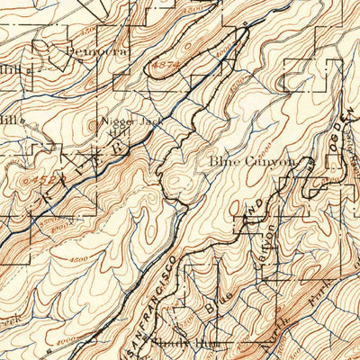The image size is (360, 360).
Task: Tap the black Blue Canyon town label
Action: (253, 161)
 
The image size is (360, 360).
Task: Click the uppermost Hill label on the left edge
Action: (11, 67)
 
